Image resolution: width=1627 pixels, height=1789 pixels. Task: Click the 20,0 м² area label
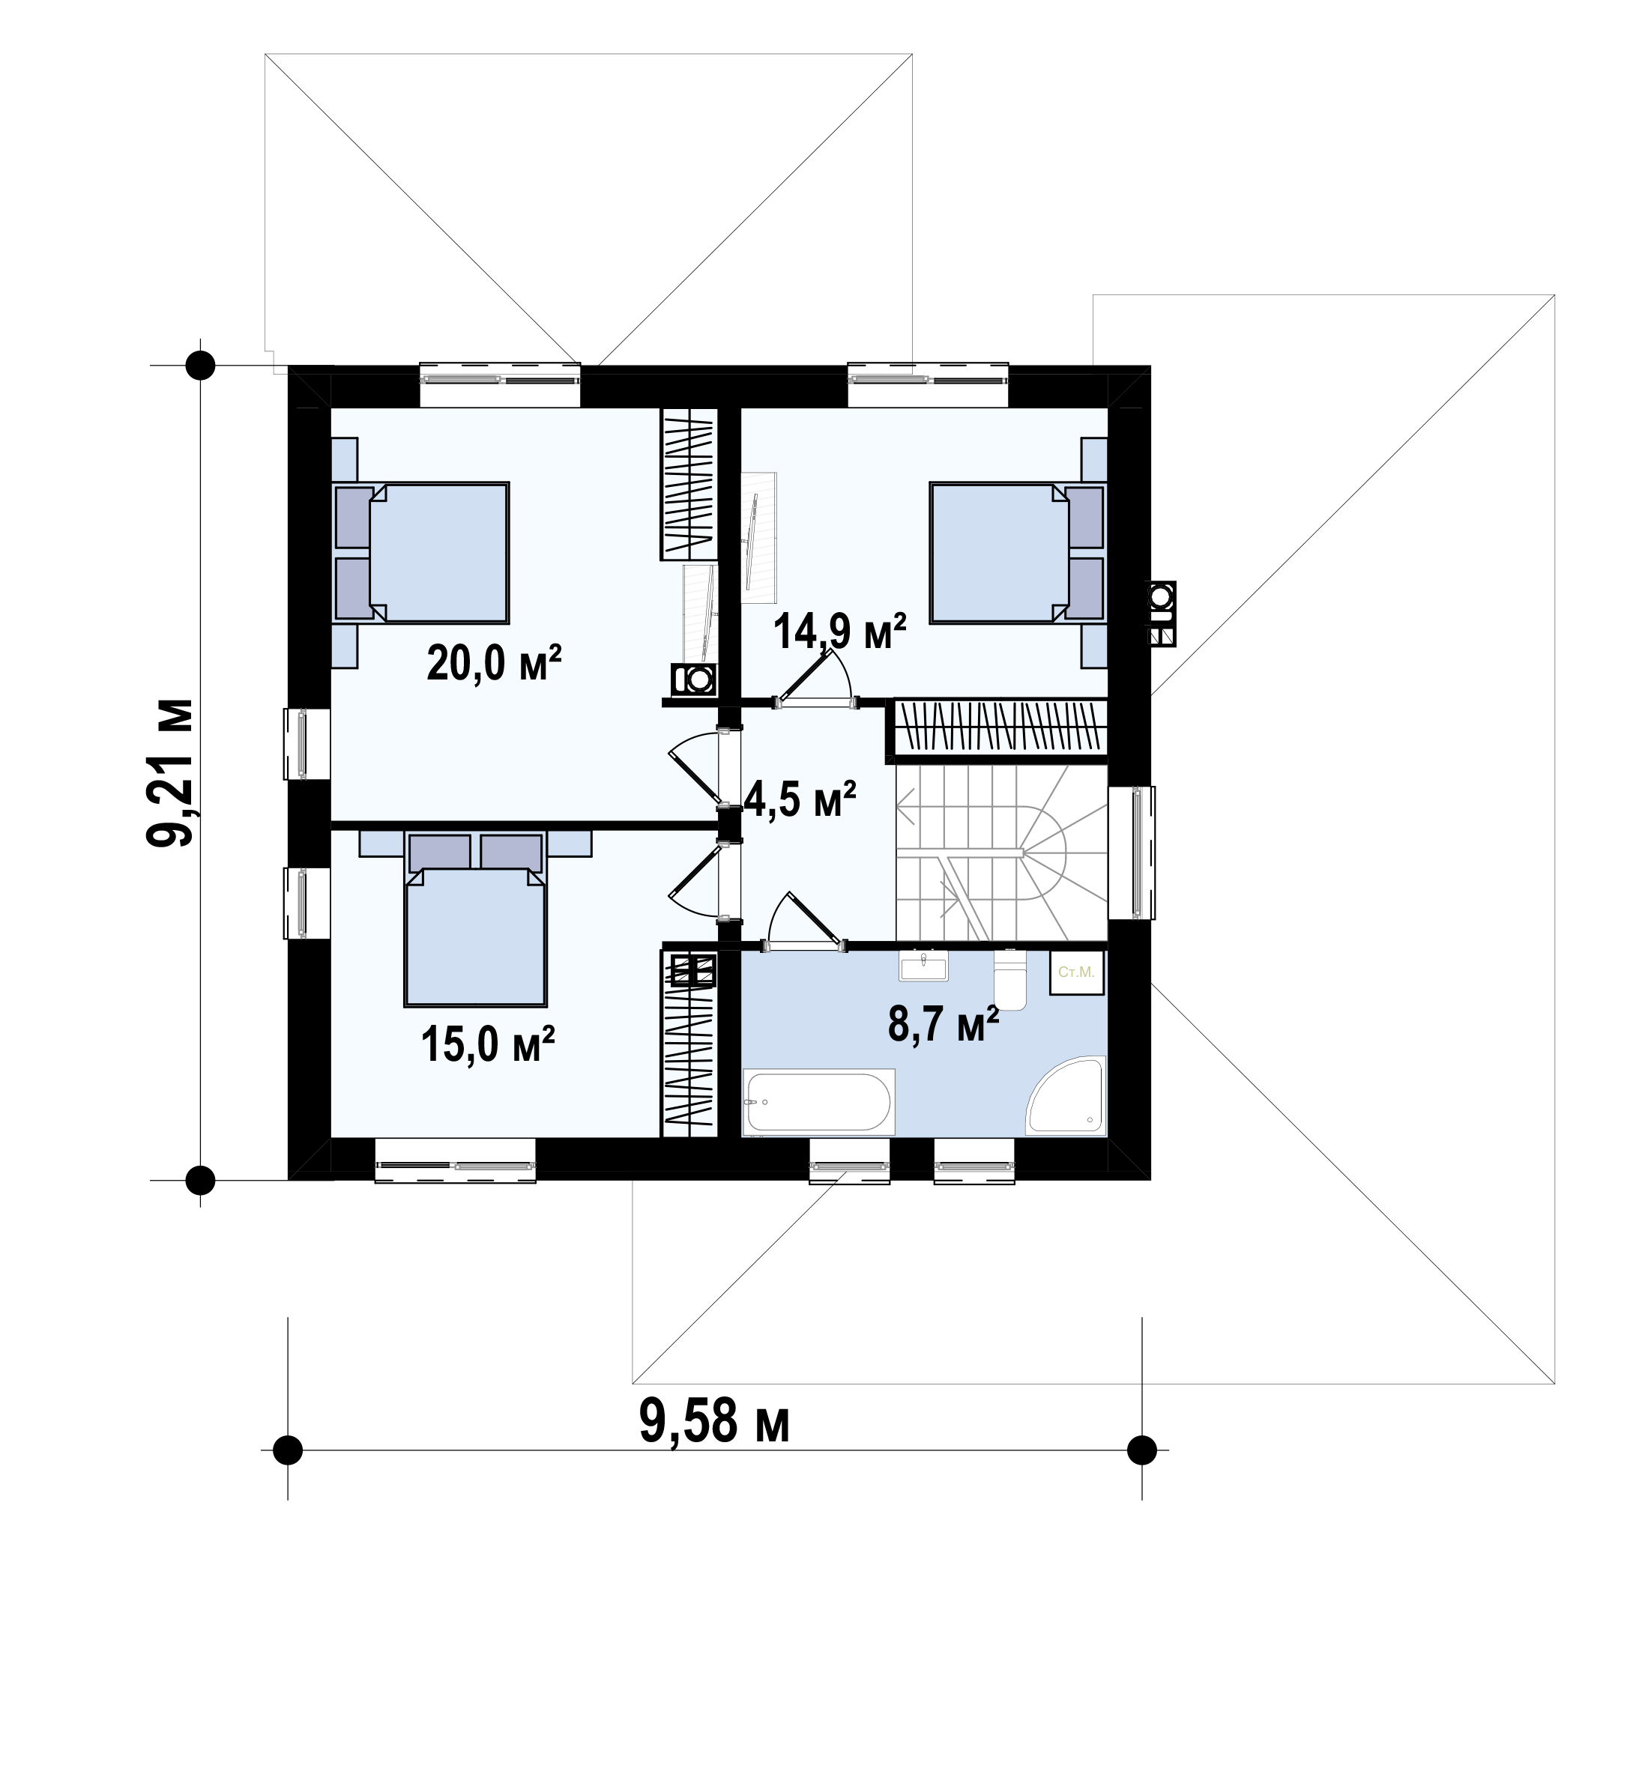tap(494, 663)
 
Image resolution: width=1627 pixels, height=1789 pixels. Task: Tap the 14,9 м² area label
tap(839, 631)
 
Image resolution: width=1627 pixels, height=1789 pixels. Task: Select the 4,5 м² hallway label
tap(800, 798)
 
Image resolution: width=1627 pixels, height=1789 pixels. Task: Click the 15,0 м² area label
tap(488, 1044)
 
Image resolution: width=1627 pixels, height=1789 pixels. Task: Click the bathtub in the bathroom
tap(818, 1101)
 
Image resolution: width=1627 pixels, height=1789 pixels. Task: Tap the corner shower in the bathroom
tap(1066, 1095)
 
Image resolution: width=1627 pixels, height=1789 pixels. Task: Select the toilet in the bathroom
tap(1009, 980)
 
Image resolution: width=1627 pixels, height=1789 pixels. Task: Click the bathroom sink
tap(924, 965)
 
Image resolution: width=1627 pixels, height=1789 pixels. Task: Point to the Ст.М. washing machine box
tap(1077, 972)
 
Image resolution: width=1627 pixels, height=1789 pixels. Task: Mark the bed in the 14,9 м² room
tap(1017, 552)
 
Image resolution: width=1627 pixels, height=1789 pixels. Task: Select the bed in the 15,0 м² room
tap(475, 919)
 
